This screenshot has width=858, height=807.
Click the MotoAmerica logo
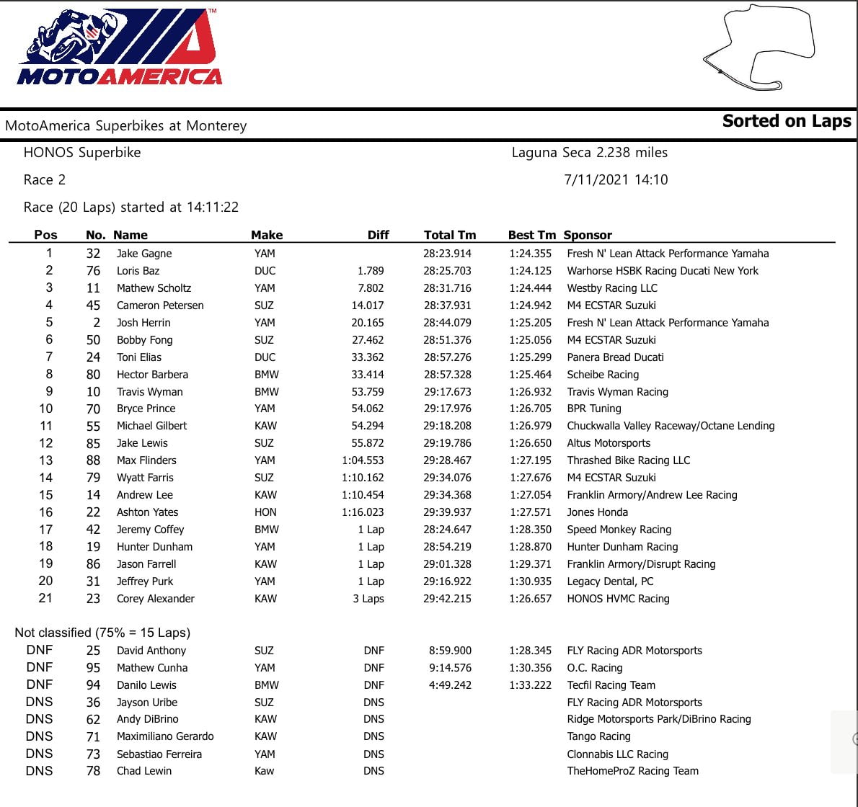[x=119, y=48]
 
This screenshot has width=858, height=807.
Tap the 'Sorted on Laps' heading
[x=786, y=121]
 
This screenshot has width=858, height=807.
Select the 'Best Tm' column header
[x=531, y=235]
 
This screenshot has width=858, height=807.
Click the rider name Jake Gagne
[x=144, y=254]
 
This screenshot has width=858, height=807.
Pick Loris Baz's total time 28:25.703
[x=447, y=271]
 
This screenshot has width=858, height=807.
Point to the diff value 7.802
[x=371, y=288]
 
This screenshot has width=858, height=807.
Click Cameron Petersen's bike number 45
[x=93, y=306]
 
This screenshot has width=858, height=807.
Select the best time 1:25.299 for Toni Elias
[x=530, y=357]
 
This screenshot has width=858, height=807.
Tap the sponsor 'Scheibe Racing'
[x=603, y=375]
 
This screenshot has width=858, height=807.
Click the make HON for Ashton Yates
[x=265, y=512]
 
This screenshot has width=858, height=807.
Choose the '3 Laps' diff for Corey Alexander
[x=368, y=599]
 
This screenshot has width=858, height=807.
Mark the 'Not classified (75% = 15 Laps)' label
[x=102, y=633]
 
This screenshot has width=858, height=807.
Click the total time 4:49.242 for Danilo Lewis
[x=450, y=685]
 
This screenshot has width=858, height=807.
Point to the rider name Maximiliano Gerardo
[x=165, y=736]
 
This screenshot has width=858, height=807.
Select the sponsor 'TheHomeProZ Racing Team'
[x=632, y=771]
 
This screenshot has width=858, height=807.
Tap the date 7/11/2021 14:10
[x=616, y=179]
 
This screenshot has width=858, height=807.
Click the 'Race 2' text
[x=45, y=180]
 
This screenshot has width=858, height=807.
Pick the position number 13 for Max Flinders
[x=46, y=460]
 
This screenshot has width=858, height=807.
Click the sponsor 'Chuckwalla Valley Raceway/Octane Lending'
[x=671, y=426]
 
